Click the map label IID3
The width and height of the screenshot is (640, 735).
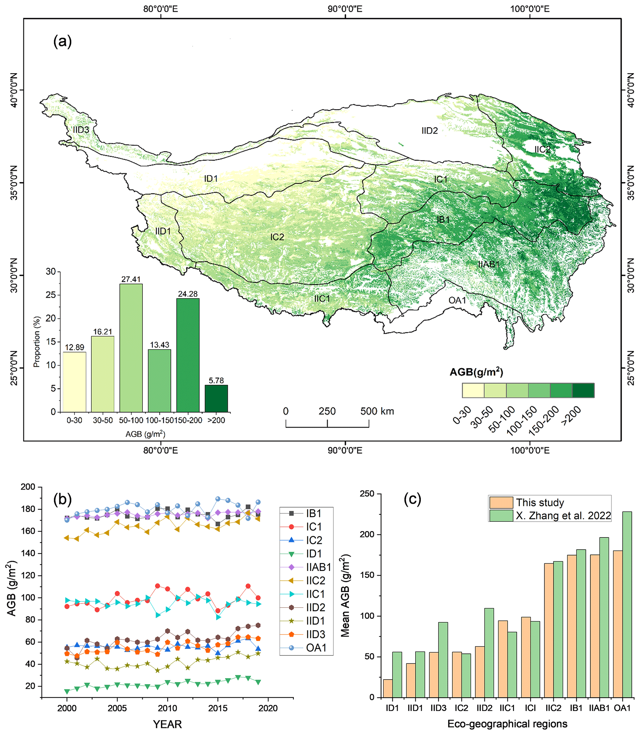(x=81, y=130)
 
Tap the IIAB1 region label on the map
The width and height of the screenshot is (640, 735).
(x=489, y=265)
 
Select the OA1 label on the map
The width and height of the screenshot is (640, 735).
(x=457, y=300)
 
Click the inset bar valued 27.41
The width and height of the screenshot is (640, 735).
(x=131, y=348)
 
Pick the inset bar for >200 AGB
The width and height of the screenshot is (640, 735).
(x=216, y=398)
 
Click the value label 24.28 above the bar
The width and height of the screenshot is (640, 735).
(x=188, y=294)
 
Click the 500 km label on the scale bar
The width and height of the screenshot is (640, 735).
(x=377, y=412)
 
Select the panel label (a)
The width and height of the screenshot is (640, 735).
(x=63, y=41)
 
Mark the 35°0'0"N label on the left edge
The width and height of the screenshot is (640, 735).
(x=14, y=183)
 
